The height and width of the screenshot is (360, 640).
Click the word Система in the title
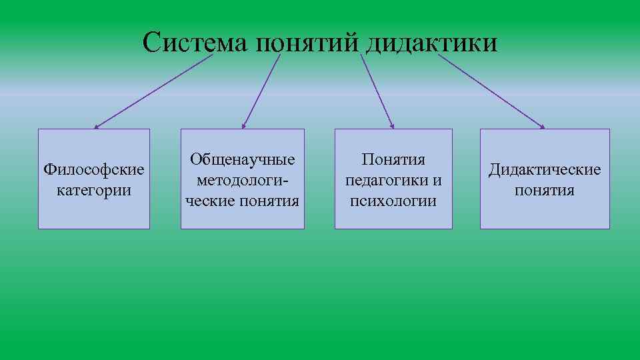(195, 43)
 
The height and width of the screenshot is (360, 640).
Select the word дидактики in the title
(431, 43)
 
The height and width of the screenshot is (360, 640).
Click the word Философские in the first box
(94, 169)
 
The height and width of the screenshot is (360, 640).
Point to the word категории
(94, 190)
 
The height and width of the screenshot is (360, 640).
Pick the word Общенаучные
(243, 160)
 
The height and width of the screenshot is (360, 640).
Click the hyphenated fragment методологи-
(243, 180)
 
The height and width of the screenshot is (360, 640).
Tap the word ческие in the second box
(214, 200)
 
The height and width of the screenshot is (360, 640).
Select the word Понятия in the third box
(393, 160)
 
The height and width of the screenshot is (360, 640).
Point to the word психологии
(393, 200)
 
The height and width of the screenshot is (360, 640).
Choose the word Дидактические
(545, 170)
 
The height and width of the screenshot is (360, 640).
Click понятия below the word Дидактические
(545, 190)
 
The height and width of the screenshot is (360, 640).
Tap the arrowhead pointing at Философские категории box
(96, 126)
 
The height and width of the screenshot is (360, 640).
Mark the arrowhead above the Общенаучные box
(244, 125)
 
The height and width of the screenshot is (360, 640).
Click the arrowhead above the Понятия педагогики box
(393, 125)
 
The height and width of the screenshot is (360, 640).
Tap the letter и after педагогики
(437, 180)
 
